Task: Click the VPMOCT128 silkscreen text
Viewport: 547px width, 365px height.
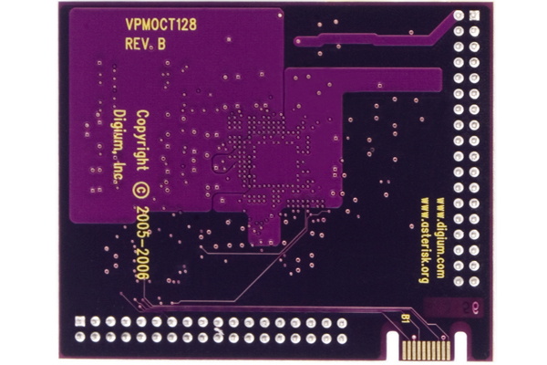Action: point(160,25)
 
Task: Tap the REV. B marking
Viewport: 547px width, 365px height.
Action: point(145,44)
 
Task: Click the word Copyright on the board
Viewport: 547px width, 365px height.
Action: point(142,141)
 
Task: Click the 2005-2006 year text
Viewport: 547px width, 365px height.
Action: point(142,243)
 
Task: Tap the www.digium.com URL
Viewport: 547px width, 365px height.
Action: point(440,238)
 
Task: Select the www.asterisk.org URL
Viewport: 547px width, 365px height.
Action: point(425,240)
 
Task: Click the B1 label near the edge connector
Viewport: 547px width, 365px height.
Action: point(405,318)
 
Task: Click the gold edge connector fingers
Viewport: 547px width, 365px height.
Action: point(426,350)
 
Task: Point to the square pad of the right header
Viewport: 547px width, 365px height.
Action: point(474,16)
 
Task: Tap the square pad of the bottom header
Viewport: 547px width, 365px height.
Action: point(80,321)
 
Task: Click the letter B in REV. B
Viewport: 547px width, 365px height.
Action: point(161,45)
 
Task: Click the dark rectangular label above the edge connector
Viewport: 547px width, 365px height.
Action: point(453,308)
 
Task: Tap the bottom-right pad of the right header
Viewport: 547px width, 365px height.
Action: point(474,281)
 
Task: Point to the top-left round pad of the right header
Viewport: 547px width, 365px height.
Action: point(459,16)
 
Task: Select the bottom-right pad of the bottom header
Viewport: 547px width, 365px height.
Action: point(342,339)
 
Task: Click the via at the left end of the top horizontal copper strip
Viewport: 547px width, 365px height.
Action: point(298,42)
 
